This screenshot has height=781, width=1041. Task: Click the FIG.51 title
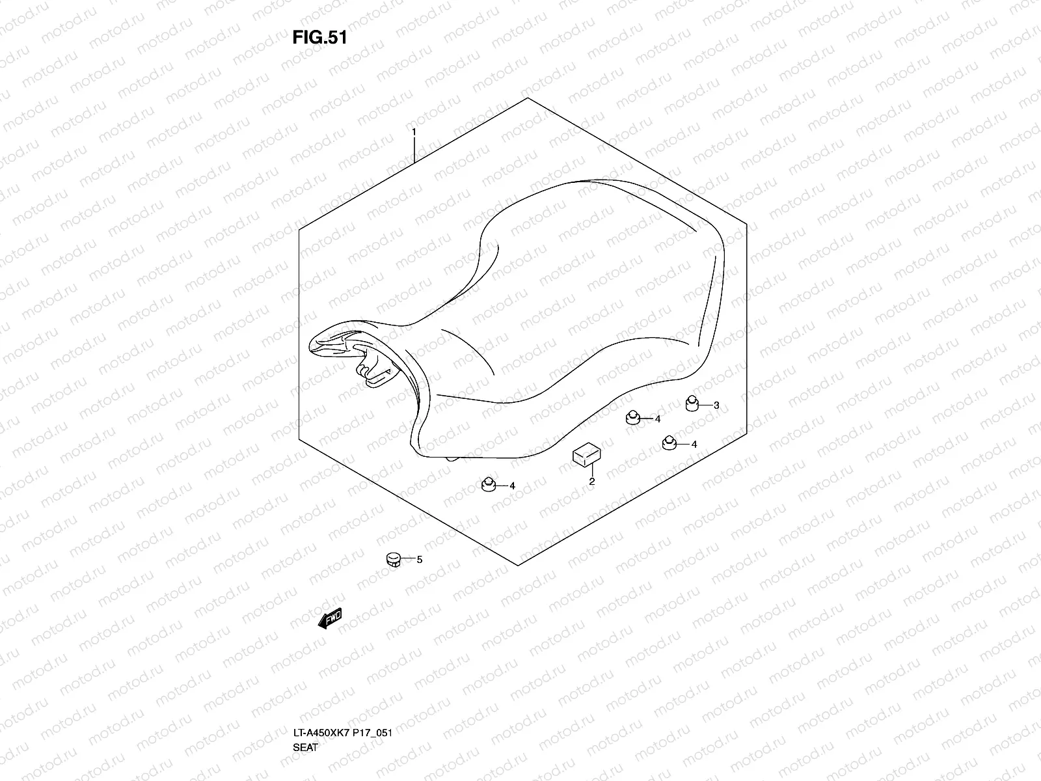tap(319, 38)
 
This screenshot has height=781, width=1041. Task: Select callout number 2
tap(592, 482)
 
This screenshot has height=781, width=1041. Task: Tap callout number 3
tap(716, 405)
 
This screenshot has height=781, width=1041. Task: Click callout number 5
tap(419, 559)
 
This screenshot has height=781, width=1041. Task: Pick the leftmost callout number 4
tap(512, 486)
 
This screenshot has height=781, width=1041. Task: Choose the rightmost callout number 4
tap(694, 445)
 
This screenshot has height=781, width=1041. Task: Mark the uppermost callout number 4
tap(658, 418)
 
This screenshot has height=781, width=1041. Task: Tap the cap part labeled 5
tap(392, 559)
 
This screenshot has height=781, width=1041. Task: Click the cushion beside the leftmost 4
tap(488, 484)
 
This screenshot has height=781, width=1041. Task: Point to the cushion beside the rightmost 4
tap(669, 443)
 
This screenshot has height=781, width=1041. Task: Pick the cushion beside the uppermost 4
tap(632, 417)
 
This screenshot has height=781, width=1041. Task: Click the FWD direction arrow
tap(329, 620)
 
